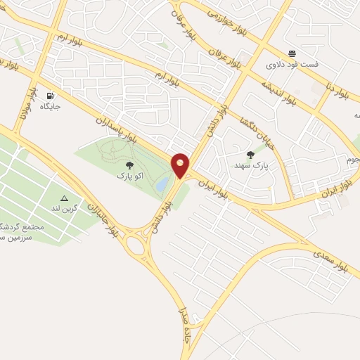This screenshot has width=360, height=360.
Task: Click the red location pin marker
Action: click(181, 165)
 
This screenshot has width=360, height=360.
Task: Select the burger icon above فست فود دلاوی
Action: click(292, 53)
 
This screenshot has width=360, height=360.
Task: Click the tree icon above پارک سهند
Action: click(250, 155)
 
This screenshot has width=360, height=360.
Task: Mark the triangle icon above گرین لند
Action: click(64, 198)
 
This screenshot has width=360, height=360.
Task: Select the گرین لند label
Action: click(65, 210)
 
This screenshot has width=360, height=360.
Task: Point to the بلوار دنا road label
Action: click(337, 89)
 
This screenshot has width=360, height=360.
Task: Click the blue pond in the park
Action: click(162, 185)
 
